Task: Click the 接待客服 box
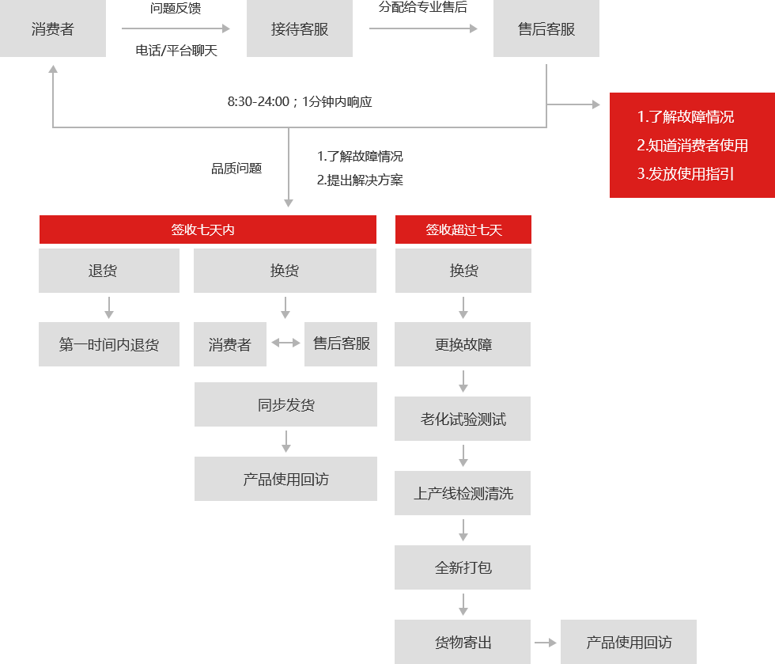pos(300,28)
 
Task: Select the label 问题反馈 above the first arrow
pos(176,8)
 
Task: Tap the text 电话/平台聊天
pos(176,51)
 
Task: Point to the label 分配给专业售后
pos(422,7)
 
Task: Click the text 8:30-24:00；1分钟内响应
pos(300,102)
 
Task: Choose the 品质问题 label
pos(236,169)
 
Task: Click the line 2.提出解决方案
pos(360,180)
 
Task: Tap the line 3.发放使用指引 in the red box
pos(685,173)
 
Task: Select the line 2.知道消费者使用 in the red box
pos(692,146)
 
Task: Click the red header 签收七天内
pos(207,230)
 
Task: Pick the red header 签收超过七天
pos(463,230)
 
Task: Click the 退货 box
pos(109,271)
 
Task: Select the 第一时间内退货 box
pos(109,344)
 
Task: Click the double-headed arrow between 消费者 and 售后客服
pos(285,343)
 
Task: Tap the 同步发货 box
pos(285,404)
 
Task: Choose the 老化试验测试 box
pos(463,419)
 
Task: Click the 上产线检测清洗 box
pos(463,493)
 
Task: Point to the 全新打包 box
pos(463,567)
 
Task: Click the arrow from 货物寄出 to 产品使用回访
pos(546,642)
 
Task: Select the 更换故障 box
pos(463,344)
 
